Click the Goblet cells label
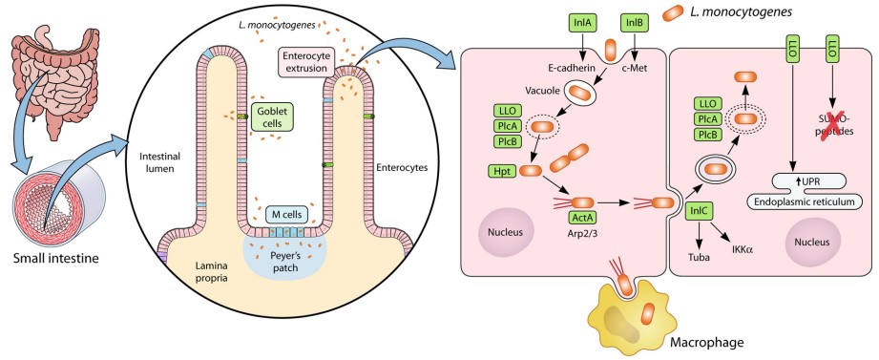click(277, 117)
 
